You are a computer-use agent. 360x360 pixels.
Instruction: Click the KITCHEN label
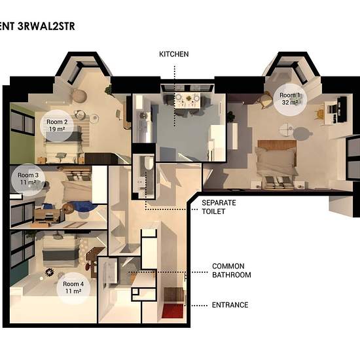[174, 54]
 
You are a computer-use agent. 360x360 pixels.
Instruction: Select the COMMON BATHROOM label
[232, 270]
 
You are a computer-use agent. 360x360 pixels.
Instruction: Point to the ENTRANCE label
[230, 305]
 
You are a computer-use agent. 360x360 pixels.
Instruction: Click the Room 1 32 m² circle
[290, 99]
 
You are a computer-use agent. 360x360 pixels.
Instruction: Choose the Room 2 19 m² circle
[57, 126]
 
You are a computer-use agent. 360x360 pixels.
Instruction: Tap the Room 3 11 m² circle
[28, 179]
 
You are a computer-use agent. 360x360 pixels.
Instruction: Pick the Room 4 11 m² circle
[73, 287]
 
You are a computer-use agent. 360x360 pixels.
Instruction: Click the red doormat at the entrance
[173, 311]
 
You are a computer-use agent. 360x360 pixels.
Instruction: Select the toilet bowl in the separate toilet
[149, 162]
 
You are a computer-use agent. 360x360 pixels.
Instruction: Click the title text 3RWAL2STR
[46, 26]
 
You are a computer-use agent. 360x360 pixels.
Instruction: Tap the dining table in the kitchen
[187, 101]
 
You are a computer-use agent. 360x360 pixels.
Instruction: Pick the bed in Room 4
[60, 252]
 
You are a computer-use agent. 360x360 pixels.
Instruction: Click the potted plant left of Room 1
[230, 116]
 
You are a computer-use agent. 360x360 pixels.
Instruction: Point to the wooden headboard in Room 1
[277, 144]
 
